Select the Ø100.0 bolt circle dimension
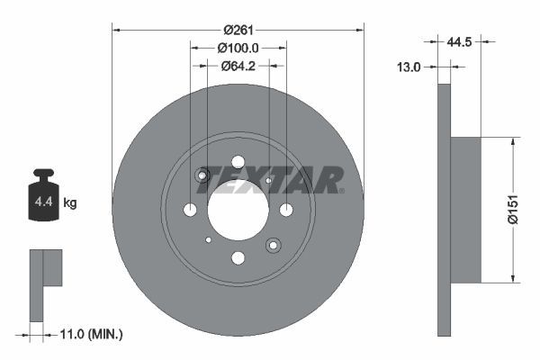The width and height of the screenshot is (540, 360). (238, 48)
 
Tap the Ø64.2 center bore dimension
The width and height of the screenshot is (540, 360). (238, 65)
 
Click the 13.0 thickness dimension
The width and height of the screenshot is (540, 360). (411, 66)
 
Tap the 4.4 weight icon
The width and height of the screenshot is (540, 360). (43, 196)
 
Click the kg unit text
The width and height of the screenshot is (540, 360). (70, 203)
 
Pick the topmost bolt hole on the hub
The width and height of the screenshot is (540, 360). (238, 162)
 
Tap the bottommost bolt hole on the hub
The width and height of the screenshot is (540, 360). (238, 258)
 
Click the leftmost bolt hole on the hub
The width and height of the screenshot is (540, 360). (190, 210)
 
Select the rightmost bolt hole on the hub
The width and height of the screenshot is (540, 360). (286, 210)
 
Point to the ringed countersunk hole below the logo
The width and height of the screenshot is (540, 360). (273, 244)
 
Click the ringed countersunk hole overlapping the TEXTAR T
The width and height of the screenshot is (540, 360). (202, 175)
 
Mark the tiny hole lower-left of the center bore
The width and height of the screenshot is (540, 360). (208, 239)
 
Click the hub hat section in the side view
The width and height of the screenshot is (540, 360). (464, 209)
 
